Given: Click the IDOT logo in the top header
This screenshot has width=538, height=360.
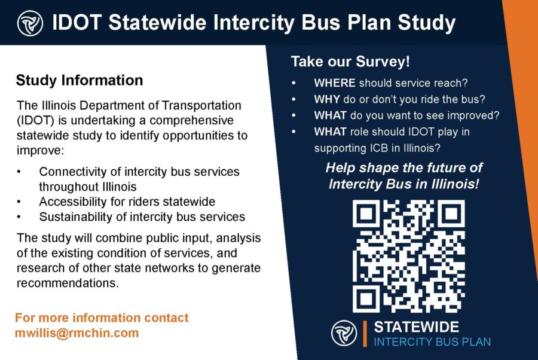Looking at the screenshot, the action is click(x=30, y=23).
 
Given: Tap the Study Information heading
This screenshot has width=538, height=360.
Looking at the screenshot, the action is click(x=80, y=80).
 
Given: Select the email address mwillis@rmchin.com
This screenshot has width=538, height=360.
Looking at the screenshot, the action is click(x=77, y=333).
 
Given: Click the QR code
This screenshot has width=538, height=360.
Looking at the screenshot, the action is click(x=408, y=257).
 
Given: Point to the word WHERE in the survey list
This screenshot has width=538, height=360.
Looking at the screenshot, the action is click(x=335, y=83).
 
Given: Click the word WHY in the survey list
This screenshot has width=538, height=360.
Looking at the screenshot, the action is click(x=326, y=99).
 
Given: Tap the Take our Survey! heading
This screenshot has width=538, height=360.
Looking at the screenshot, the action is click(x=350, y=62).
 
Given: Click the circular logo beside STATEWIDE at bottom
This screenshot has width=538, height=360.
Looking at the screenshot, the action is click(x=344, y=333).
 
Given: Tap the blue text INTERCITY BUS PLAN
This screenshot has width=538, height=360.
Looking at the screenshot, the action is click(x=432, y=342).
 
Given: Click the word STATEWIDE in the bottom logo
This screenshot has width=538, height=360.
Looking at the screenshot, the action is click(x=416, y=327).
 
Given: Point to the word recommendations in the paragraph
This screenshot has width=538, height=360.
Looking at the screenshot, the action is click(x=68, y=283).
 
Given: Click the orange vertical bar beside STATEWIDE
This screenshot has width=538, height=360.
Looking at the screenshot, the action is click(x=365, y=334).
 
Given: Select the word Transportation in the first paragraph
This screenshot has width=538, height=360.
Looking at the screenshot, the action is click(x=201, y=105).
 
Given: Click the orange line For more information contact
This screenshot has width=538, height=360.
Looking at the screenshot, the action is click(x=102, y=318).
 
